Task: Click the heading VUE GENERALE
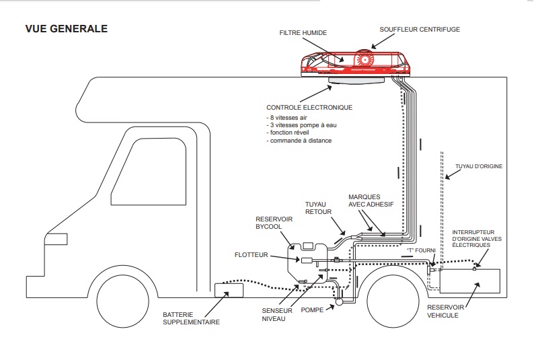[66, 29]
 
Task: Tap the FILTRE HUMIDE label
[305, 32]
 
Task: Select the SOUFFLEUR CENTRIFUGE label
[420, 29]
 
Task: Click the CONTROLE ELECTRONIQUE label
[309, 107]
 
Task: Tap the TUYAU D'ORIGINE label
[479, 166]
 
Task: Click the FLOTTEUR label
[252, 255]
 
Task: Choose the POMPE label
[313, 310]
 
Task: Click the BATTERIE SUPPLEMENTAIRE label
[192, 318]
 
